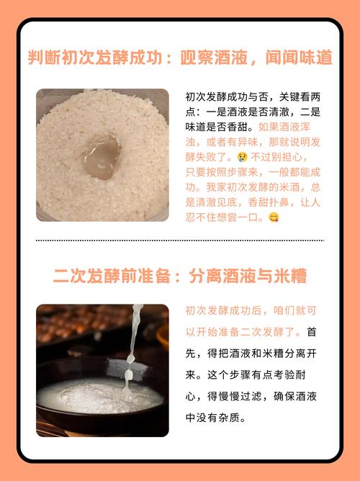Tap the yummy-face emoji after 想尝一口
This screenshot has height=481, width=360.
274,217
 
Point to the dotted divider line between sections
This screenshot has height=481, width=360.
180,240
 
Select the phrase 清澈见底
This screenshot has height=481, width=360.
210,202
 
